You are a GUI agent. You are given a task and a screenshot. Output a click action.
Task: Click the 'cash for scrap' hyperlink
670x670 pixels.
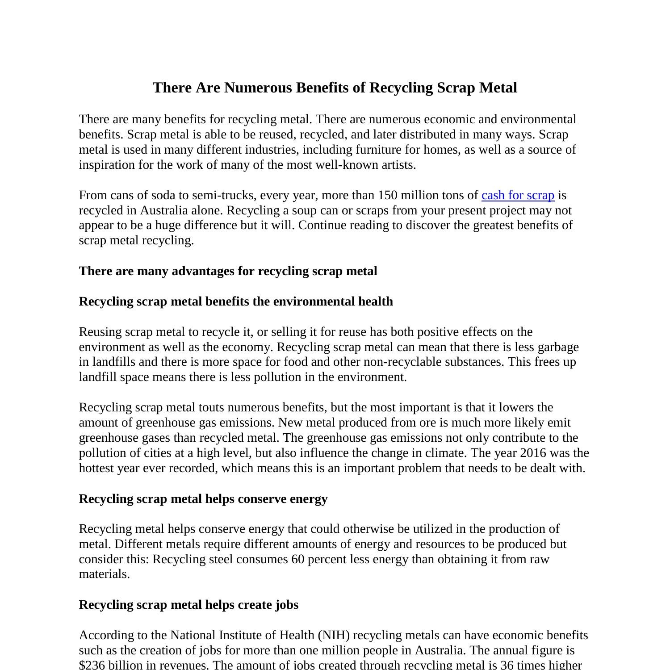tap(518, 195)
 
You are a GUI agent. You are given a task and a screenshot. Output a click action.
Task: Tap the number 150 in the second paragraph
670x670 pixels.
tap(386, 195)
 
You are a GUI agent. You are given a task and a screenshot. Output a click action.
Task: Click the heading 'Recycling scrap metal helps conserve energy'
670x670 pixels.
tap(203, 498)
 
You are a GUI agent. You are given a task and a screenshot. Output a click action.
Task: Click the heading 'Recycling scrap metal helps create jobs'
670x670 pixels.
tap(188, 605)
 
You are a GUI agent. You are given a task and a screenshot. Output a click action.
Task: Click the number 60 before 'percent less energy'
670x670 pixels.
tap(297, 559)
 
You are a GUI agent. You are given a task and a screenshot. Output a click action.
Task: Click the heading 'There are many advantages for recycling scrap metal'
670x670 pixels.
tap(228, 271)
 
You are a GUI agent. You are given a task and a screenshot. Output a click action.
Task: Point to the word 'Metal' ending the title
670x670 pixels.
tap(498, 88)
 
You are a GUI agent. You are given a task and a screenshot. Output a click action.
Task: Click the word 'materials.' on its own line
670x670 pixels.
tap(104, 574)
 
